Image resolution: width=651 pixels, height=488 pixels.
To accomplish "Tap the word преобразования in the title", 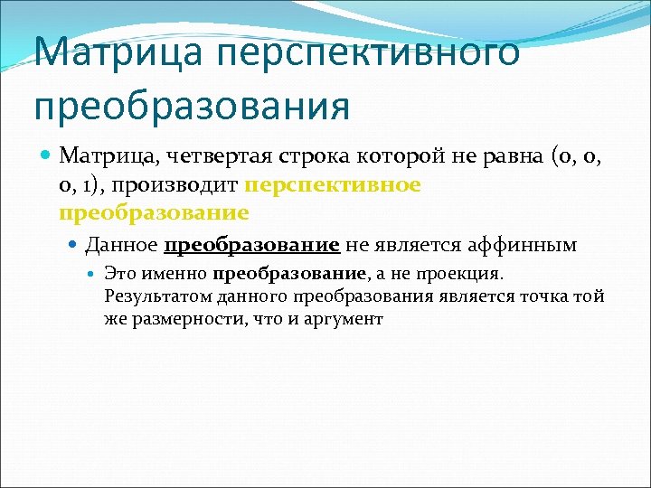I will point(192,106).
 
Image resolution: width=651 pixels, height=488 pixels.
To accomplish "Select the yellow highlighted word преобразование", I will point(154,213).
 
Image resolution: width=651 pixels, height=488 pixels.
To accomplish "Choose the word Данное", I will point(122,245).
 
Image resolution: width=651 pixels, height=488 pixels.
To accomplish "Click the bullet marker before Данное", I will point(75,245).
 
